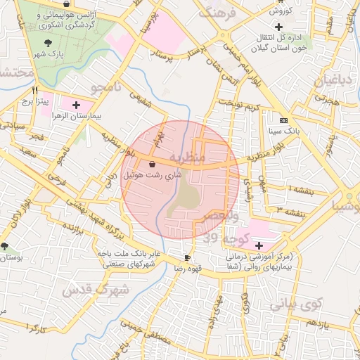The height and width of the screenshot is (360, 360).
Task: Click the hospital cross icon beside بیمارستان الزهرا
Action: click(x=86, y=104)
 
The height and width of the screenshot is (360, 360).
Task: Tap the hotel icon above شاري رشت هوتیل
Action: click(x=153, y=164)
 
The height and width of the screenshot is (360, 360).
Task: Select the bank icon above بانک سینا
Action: click(x=283, y=120)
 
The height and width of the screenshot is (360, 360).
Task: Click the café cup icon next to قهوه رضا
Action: click(x=186, y=257)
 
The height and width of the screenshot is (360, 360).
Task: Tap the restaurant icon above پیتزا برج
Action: click(x=34, y=91)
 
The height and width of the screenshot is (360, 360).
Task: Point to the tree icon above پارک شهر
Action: click(x=48, y=42)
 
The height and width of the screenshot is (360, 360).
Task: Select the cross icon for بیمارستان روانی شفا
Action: click(x=259, y=245)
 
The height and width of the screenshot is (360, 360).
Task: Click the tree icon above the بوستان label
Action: click(x=6, y=247)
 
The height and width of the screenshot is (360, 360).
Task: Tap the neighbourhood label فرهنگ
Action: click(x=215, y=12)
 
